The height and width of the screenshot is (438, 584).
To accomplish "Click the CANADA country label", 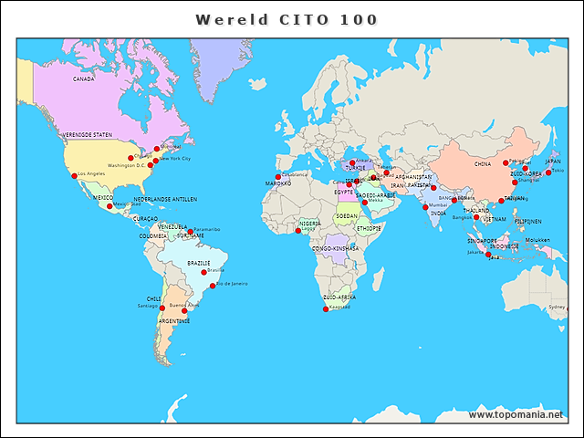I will [x=84, y=79].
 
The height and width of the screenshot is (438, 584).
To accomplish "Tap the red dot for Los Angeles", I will [x=74, y=176].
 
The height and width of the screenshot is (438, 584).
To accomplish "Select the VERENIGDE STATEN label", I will [x=88, y=134].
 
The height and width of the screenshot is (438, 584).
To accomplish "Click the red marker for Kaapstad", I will [x=326, y=309].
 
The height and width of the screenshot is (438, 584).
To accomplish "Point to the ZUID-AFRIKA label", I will [x=339, y=297].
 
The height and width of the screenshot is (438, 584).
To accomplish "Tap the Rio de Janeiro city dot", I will [x=213, y=286].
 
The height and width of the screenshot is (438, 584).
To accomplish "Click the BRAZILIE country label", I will [x=199, y=263].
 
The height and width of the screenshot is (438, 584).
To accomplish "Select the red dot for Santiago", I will [x=162, y=308].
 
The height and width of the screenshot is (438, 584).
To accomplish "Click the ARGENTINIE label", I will [x=174, y=321].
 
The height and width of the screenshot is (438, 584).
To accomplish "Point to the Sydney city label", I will [x=557, y=307].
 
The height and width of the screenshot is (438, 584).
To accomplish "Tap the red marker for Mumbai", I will [x=425, y=207].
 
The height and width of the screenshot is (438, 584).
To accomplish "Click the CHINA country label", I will [x=483, y=164].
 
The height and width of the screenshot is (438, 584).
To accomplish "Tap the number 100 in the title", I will [x=360, y=19].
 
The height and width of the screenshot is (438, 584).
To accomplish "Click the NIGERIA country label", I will [x=310, y=223].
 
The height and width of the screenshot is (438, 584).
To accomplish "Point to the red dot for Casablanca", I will [x=277, y=177].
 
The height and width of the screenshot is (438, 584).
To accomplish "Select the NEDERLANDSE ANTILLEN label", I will [x=165, y=199].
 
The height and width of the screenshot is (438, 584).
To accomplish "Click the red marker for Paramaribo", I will [x=191, y=231].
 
